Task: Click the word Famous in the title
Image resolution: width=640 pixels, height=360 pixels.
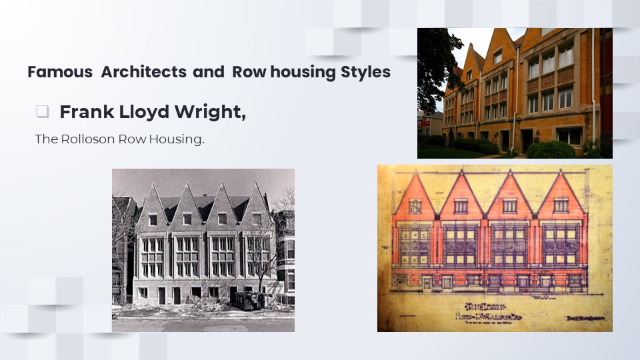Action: (60, 72)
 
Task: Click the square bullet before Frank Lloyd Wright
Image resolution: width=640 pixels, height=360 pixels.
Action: (43, 112)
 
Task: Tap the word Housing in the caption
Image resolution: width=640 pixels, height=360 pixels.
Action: (179, 140)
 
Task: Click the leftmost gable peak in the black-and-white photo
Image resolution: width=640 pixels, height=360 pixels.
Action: (153, 185)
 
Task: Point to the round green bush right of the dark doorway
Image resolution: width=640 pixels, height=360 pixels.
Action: (551, 149)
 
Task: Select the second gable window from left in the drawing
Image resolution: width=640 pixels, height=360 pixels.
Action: (461, 205)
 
